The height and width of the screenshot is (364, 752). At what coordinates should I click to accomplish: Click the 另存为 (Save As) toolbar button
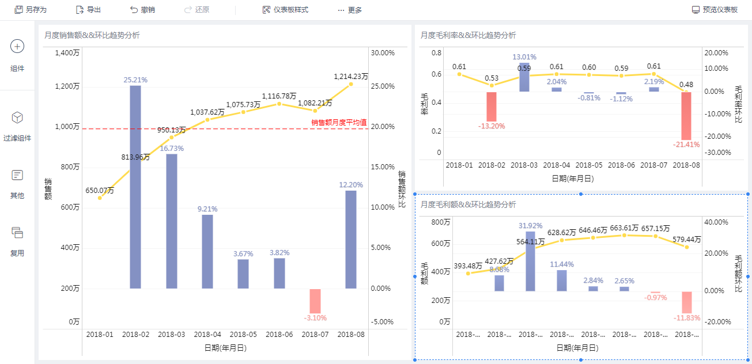point(31,10)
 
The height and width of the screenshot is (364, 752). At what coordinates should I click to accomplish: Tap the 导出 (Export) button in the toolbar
point(88,10)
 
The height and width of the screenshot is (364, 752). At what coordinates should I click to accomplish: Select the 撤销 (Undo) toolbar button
point(142,10)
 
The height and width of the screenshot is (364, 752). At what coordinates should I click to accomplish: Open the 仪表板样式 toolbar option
point(285,10)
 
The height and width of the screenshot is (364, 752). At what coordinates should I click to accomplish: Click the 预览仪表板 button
point(715,10)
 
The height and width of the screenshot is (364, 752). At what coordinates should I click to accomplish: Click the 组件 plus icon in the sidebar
point(17,47)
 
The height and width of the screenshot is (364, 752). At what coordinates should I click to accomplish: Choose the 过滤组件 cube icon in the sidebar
point(17,117)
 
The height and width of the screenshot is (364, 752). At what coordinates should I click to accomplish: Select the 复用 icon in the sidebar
point(17,233)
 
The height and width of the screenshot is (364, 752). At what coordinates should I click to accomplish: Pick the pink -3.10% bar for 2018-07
point(315,301)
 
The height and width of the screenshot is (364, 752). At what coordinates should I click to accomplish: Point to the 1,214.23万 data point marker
point(351,85)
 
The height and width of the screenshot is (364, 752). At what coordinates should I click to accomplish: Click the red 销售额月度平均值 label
point(339,122)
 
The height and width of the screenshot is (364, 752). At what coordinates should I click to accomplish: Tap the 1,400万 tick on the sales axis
point(67,53)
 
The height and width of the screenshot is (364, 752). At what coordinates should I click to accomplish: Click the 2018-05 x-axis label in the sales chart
point(243,334)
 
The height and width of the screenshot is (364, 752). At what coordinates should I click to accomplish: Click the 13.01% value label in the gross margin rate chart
point(524,57)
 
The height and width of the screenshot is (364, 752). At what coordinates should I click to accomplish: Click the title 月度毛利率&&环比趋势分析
point(468,35)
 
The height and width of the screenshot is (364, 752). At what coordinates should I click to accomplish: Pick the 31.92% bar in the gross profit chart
point(530,262)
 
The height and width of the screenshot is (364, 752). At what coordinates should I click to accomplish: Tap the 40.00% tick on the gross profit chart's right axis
point(717,222)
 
